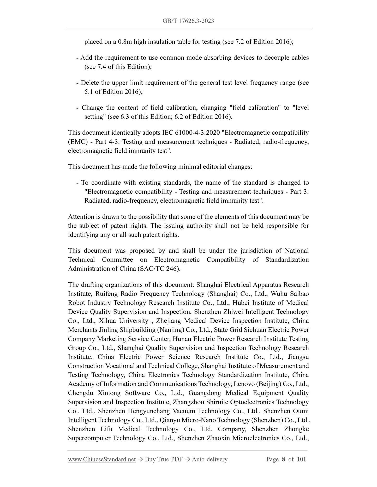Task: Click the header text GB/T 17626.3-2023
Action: point(188,21)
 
